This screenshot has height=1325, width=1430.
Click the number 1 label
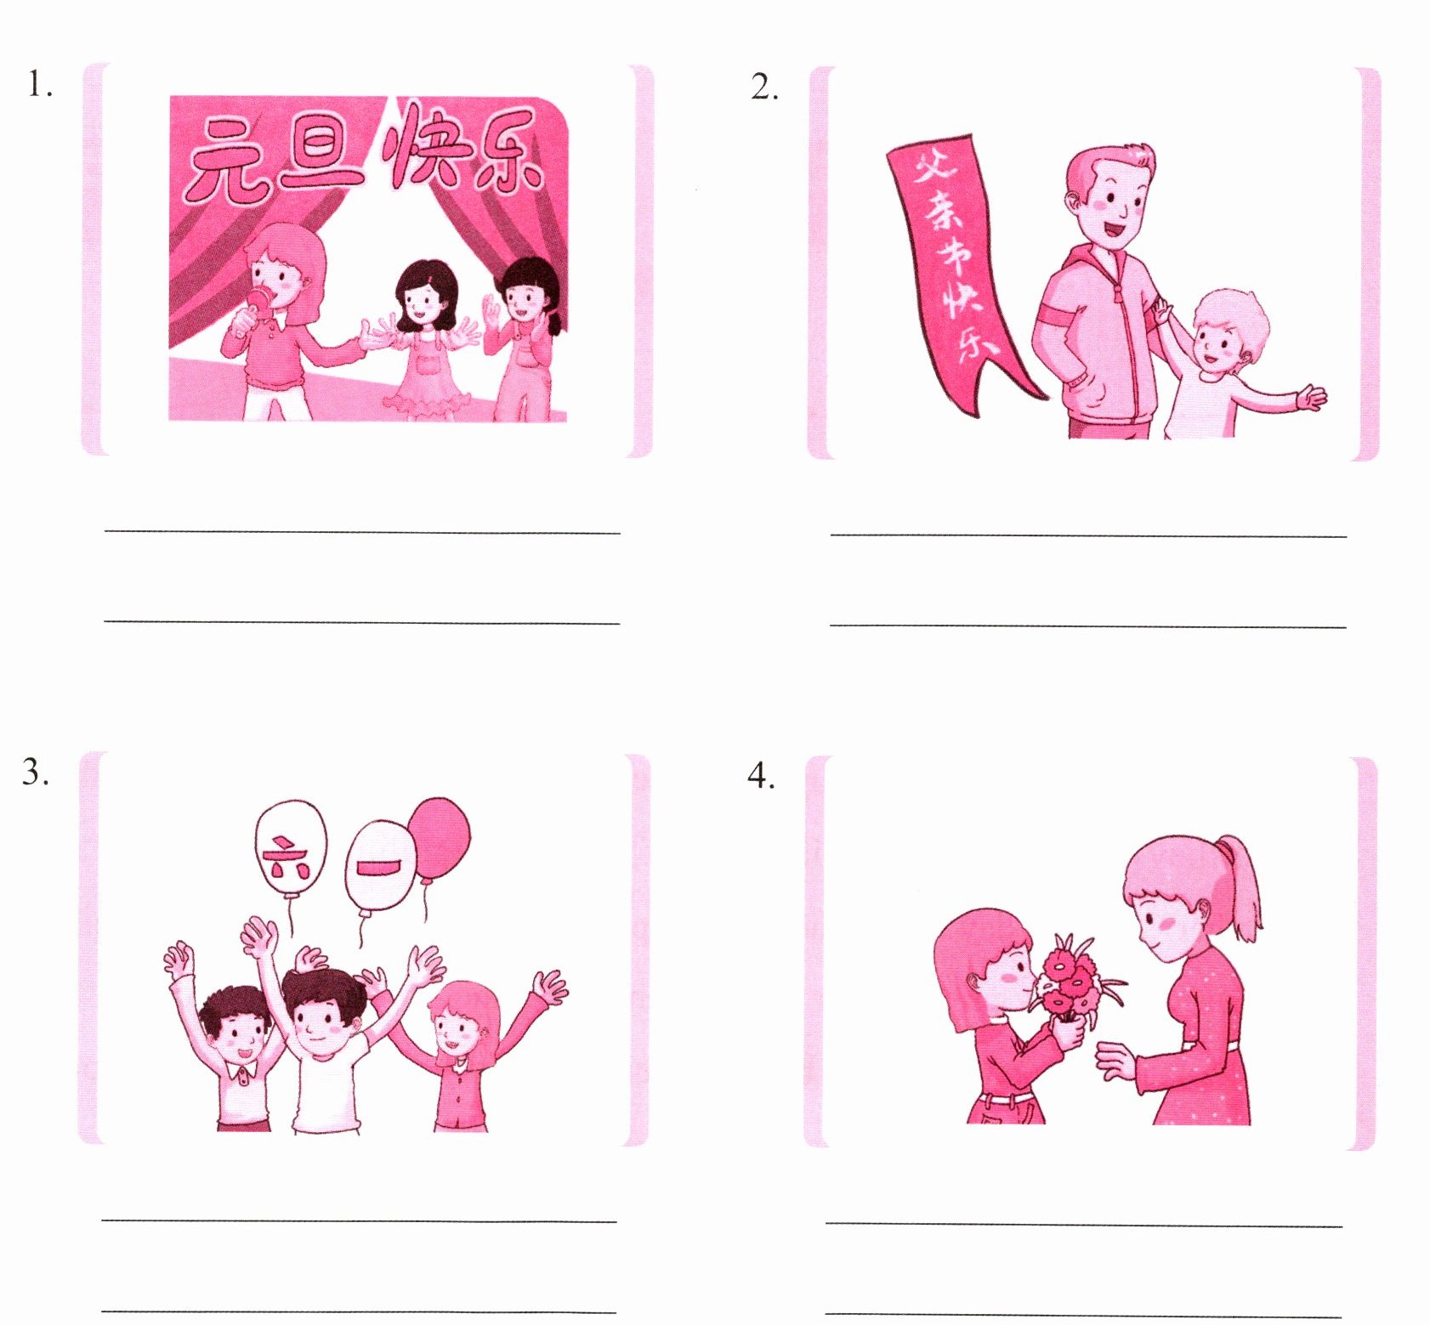pyautogui.click(x=39, y=84)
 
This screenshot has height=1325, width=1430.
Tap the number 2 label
pyautogui.click(x=763, y=86)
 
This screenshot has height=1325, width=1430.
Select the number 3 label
pyautogui.click(x=35, y=771)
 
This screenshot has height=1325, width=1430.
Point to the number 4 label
pyautogui.click(x=760, y=775)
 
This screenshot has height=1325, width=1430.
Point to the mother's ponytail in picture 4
pyautogui.click(x=1243, y=887)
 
